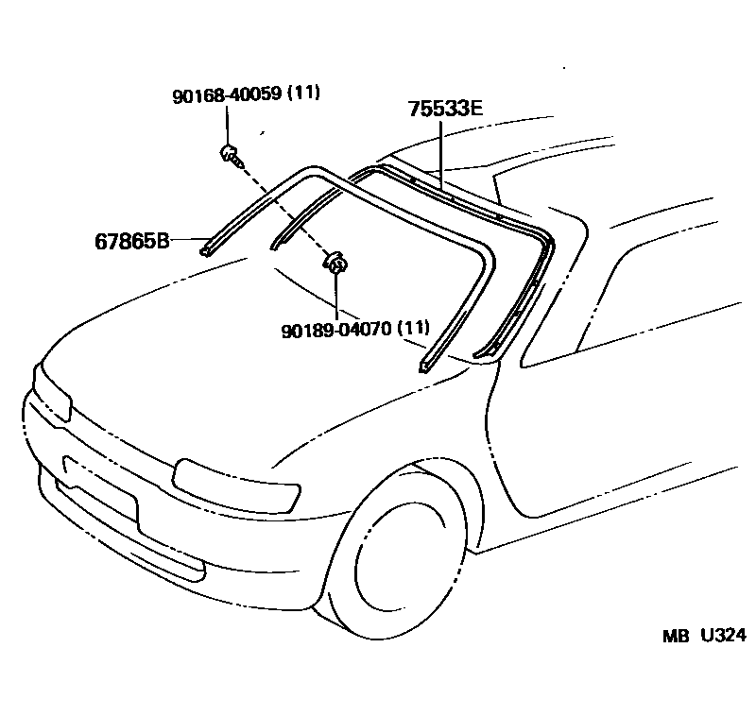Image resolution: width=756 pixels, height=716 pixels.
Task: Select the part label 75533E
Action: (x=445, y=109)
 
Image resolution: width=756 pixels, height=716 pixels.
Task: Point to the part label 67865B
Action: (x=131, y=240)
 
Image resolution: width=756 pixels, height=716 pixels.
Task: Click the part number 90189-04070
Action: (x=336, y=329)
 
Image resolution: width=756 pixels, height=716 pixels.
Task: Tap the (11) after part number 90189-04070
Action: (x=413, y=329)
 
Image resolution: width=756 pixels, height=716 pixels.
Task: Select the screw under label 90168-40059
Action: (x=230, y=154)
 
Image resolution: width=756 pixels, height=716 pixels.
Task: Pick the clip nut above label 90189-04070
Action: (x=335, y=262)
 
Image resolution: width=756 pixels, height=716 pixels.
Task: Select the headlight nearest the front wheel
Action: (x=236, y=481)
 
